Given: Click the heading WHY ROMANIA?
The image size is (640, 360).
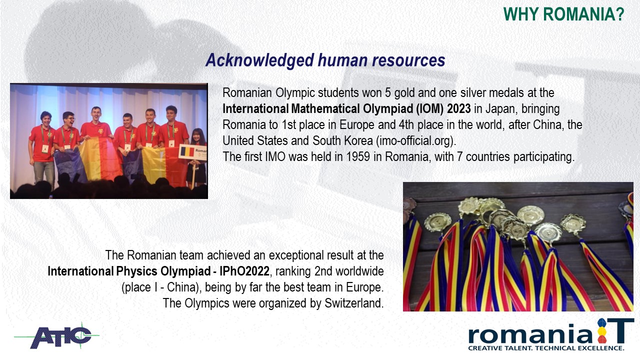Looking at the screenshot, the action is point(563,14).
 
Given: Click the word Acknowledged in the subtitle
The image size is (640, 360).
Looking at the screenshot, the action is point(259,60).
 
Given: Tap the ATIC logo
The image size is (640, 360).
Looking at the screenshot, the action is point(58,335).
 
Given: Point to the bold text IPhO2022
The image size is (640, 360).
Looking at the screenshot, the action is point(244,271).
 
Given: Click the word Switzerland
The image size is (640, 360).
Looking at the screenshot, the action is point(354,303).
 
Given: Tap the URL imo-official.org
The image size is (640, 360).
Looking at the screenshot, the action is point(415,140).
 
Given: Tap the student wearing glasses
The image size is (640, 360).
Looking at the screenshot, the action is point(67,137).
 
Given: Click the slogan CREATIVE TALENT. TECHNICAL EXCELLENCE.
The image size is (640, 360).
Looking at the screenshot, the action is point(546,348).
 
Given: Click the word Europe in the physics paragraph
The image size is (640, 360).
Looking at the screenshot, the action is point(365,287).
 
